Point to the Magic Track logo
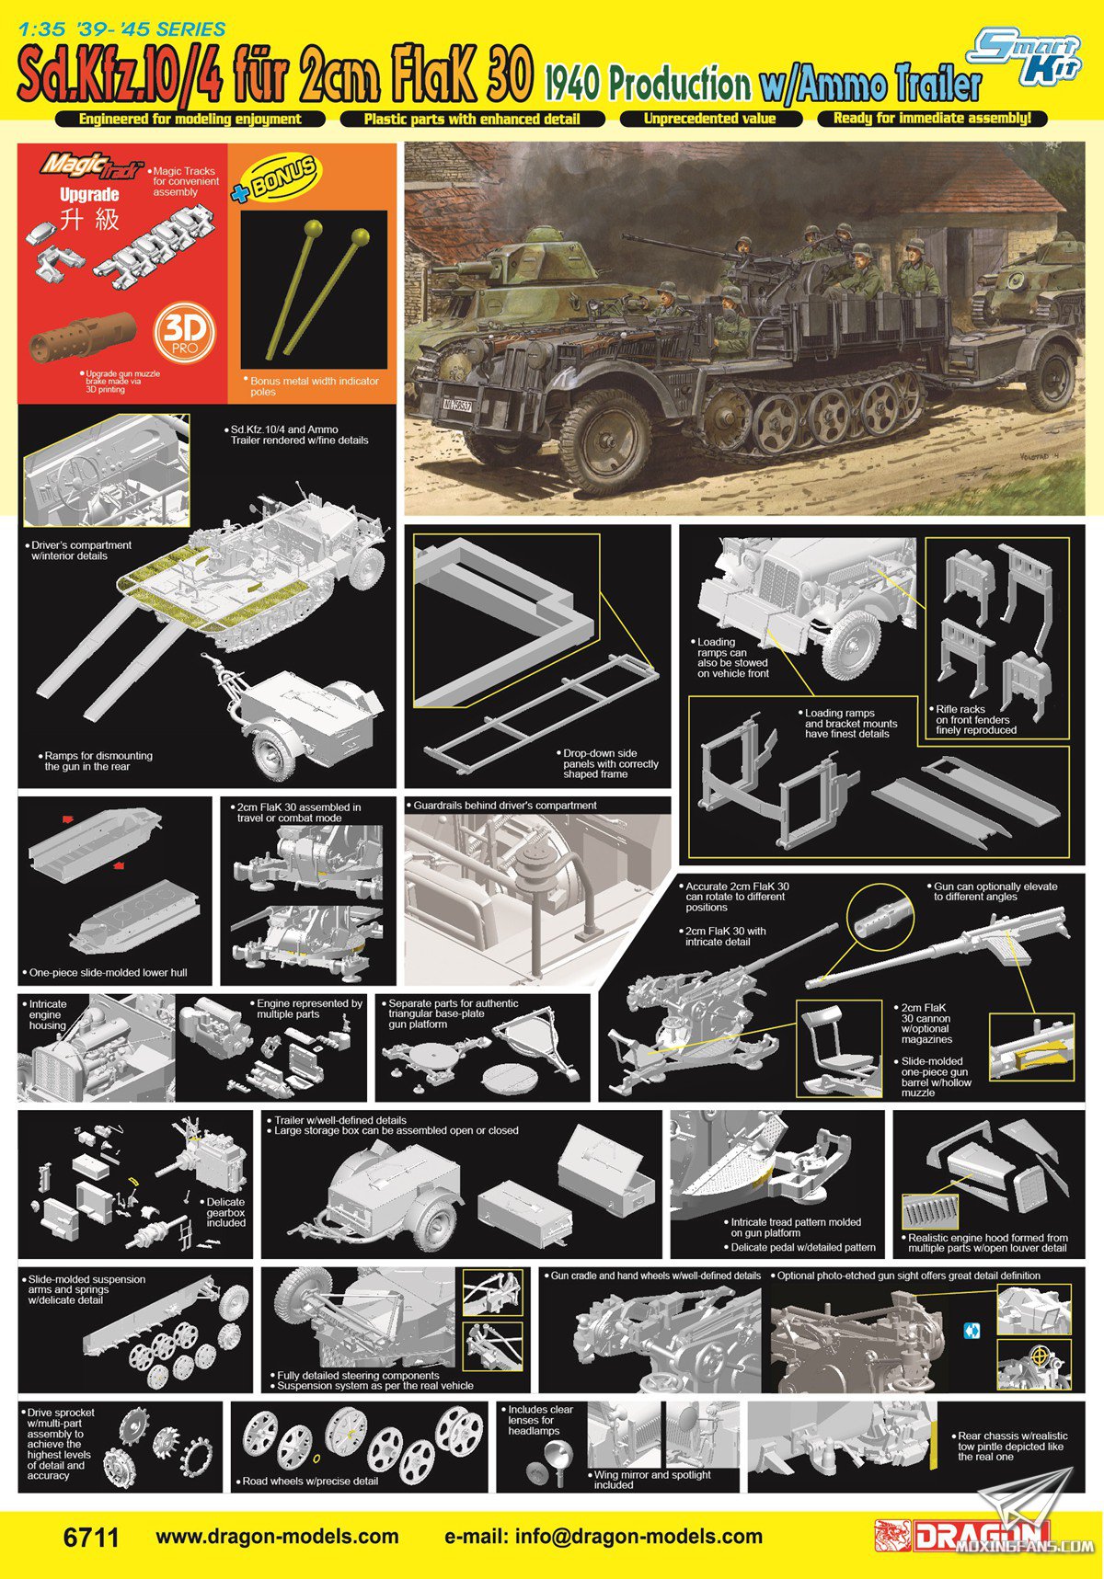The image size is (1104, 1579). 91,166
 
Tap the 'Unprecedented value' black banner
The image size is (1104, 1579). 709,119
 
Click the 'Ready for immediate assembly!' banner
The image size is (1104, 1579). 932,119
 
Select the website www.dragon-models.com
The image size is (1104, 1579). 277,1537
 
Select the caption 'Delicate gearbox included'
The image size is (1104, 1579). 225,1212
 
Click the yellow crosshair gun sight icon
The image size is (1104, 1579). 1041,1356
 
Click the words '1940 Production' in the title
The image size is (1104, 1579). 647,85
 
